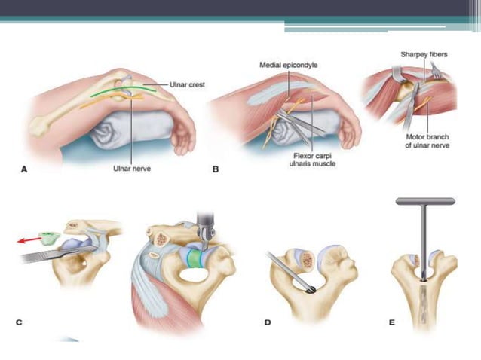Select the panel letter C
(18, 322)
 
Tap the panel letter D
(268, 322)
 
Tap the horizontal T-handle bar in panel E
(425, 201)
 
